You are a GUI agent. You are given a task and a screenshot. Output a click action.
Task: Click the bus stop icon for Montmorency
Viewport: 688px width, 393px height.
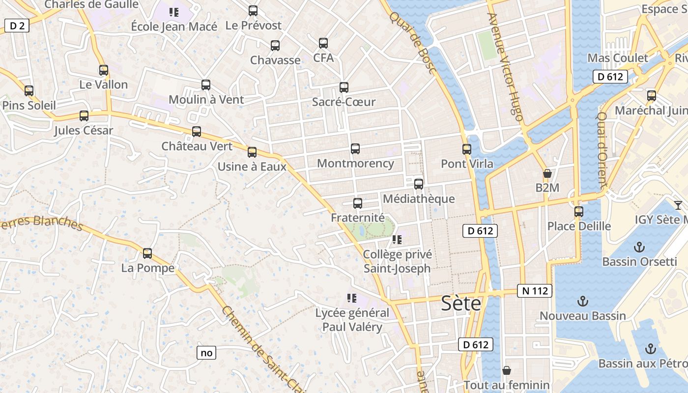(355, 148)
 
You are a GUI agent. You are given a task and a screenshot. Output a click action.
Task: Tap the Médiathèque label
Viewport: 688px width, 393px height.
(418, 199)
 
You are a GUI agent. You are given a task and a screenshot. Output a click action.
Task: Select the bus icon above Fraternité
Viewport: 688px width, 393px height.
(358, 203)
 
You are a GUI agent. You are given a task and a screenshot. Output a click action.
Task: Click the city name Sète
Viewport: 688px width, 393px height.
(461, 303)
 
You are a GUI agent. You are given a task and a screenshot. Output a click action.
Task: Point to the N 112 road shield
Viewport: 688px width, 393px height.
(535, 291)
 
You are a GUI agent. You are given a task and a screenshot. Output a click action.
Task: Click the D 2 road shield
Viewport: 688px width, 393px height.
(17, 26)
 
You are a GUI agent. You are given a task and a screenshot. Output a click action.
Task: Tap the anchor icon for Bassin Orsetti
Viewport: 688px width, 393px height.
(639, 247)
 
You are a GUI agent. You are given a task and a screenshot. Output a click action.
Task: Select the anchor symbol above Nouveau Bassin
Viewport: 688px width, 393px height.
(582, 301)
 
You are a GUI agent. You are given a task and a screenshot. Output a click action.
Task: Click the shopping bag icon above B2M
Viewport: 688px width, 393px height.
(547, 173)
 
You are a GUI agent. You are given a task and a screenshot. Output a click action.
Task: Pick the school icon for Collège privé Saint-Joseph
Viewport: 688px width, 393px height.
(397, 240)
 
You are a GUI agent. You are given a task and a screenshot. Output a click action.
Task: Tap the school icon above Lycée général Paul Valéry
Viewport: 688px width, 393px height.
(351, 298)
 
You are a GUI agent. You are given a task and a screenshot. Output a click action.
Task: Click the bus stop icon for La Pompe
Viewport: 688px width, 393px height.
(147, 253)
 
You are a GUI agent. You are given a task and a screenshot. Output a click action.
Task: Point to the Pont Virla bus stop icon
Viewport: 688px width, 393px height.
(467, 149)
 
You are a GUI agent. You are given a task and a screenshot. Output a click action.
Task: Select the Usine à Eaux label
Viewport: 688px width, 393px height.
(252, 167)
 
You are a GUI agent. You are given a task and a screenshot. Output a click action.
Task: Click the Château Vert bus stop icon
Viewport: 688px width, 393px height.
(197, 131)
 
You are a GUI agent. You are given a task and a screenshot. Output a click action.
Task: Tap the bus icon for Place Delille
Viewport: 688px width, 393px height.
(579, 212)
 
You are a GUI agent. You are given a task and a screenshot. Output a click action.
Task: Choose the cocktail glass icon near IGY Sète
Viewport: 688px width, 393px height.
(678, 205)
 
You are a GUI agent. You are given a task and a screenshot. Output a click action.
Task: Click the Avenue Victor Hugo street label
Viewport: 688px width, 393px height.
(505, 66)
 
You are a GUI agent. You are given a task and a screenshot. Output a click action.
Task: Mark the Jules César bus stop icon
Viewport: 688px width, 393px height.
(84, 116)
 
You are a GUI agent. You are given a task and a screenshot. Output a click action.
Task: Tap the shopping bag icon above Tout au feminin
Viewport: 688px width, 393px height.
(507, 370)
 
